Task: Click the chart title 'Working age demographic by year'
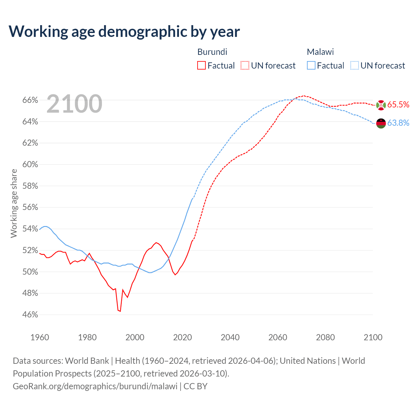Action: click(x=124, y=31)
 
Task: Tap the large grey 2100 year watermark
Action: click(x=74, y=104)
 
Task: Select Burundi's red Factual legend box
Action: click(x=201, y=66)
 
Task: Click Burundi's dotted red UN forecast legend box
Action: click(x=245, y=66)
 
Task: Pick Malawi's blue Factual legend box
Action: click(x=311, y=66)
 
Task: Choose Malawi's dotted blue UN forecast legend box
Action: click(x=355, y=66)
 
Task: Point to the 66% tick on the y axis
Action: click(x=30, y=100)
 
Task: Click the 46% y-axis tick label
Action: click(x=30, y=315)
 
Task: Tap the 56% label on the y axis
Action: click(x=30, y=207)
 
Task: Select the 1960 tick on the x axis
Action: click(x=40, y=337)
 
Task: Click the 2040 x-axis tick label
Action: click(x=230, y=337)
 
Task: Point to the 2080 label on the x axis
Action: click(x=325, y=337)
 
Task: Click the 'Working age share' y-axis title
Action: click(x=14, y=203)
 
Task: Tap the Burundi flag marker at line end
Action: click(x=381, y=105)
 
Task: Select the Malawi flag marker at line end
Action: click(x=381, y=123)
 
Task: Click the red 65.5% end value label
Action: click(x=398, y=104)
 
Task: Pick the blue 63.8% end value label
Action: click(x=398, y=123)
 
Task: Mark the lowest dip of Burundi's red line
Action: click(x=120, y=311)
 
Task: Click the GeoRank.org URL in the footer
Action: click(x=95, y=386)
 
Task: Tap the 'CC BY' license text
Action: click(x=196, y=386)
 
